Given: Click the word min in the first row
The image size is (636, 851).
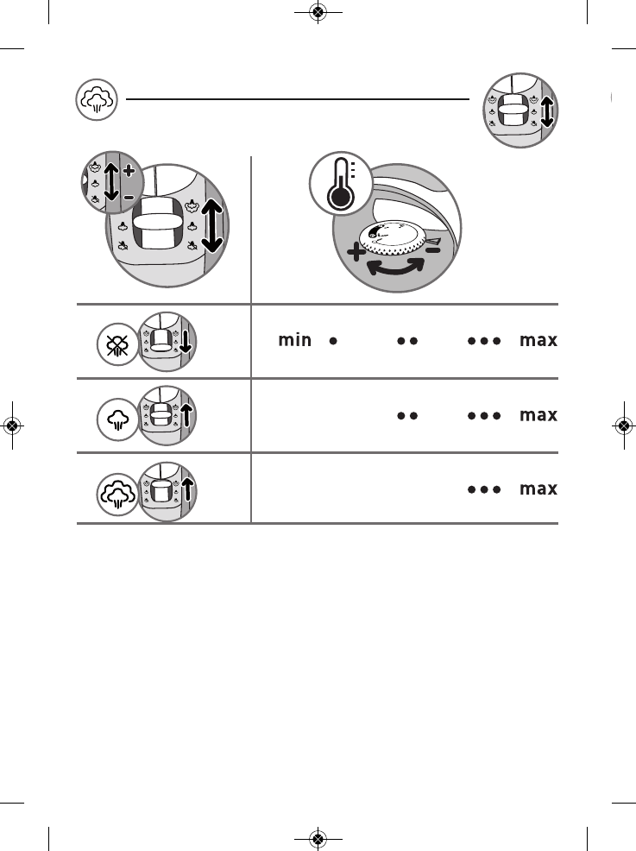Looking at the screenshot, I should pos(294,341).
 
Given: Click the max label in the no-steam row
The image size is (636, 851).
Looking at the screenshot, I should pos(538,341).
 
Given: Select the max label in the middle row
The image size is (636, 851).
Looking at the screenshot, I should pos(538,415).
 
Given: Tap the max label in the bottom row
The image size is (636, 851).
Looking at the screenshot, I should pos(538,489).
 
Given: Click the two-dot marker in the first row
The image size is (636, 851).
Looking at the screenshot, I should pos(407,341).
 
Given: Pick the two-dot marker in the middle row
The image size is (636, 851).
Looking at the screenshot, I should pos(407,415).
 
